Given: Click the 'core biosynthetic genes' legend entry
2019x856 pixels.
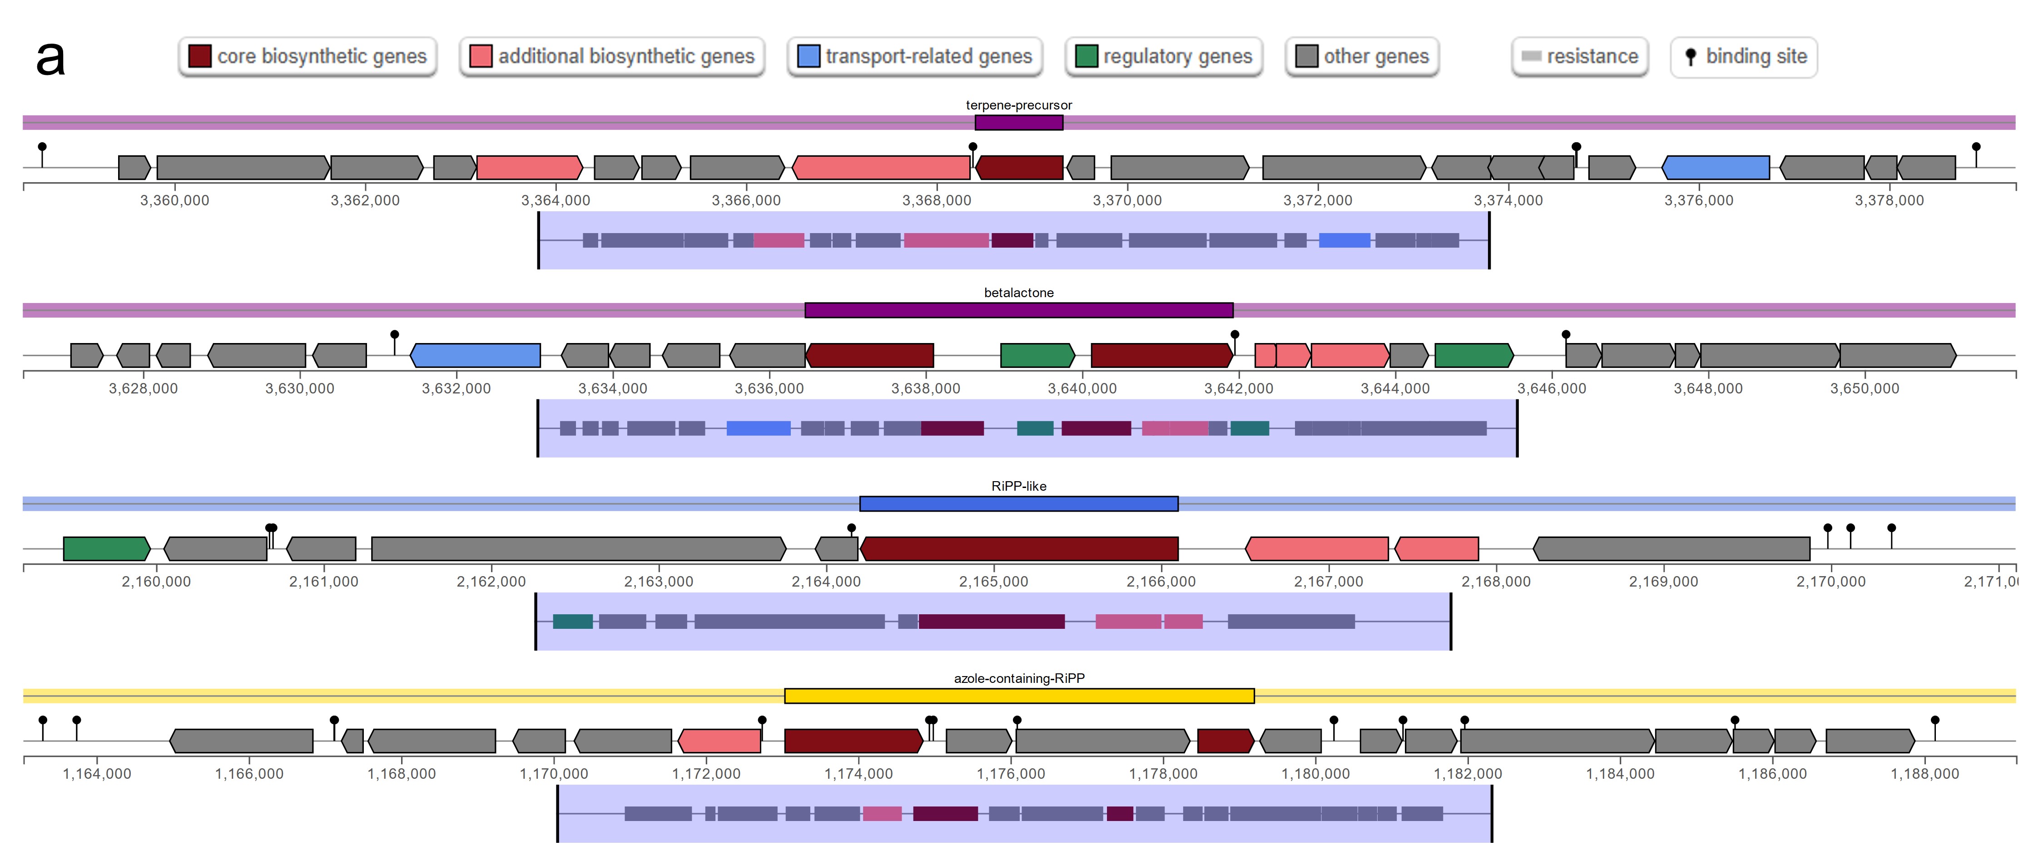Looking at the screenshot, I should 307,56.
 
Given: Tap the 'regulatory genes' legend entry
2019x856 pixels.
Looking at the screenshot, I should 1164,56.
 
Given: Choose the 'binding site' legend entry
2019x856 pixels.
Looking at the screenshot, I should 1743,56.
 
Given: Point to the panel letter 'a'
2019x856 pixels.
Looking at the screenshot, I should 50,58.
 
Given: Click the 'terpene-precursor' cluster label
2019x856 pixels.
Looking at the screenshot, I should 1018,105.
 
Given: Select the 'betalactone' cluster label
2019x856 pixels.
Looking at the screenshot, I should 1018,293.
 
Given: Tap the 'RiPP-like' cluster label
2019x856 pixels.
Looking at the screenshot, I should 1018,486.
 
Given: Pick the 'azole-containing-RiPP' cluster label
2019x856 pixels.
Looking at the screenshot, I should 1018,678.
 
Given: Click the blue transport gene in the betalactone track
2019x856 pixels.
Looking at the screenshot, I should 475,355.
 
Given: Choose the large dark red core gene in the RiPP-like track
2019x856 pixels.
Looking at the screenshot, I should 1019,549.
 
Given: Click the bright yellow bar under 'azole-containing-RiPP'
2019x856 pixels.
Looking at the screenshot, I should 1019,695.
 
